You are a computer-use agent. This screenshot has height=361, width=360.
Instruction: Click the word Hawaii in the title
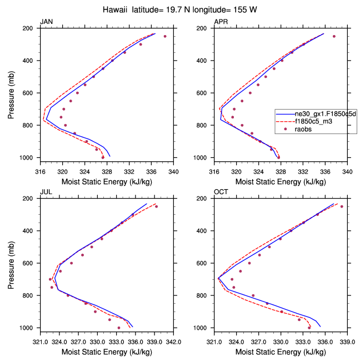pos(118,10)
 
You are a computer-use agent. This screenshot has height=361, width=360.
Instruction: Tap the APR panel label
pos(221,22)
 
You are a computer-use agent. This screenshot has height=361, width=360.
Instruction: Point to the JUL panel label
pos(46,192)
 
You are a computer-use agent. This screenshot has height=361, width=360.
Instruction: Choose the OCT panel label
pos(222,192)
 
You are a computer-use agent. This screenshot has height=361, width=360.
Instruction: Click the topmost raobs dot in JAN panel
pos(165,36)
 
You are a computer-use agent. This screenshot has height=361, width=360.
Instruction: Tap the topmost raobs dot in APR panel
pos(334,36)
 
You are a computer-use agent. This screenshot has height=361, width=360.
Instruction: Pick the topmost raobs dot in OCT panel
pos(342,206)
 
